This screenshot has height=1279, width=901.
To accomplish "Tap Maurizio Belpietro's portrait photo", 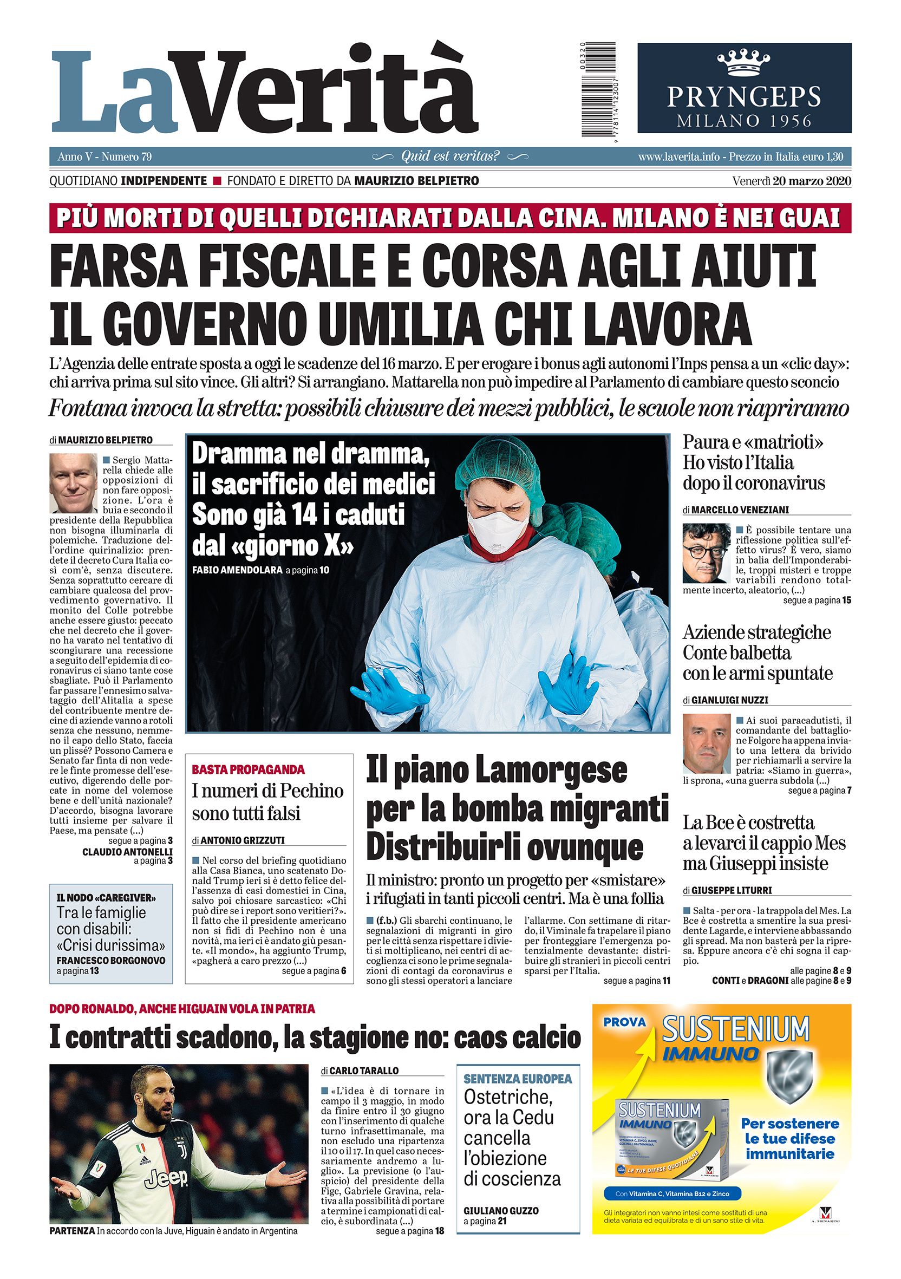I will pyautogui.click(x=73, y=483).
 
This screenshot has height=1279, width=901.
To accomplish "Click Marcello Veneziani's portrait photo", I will pyautogui.click(x=706, y=553).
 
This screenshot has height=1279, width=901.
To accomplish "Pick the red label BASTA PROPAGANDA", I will pyautogui.click(x=248, y=770).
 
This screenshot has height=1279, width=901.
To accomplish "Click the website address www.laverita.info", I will pyautogui.click(x=680, y=157).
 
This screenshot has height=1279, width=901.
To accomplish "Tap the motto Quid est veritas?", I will pyautogui.click(x=450, y=156).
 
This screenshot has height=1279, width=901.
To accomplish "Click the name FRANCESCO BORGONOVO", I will pyautogui.click(x=111, y=961).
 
